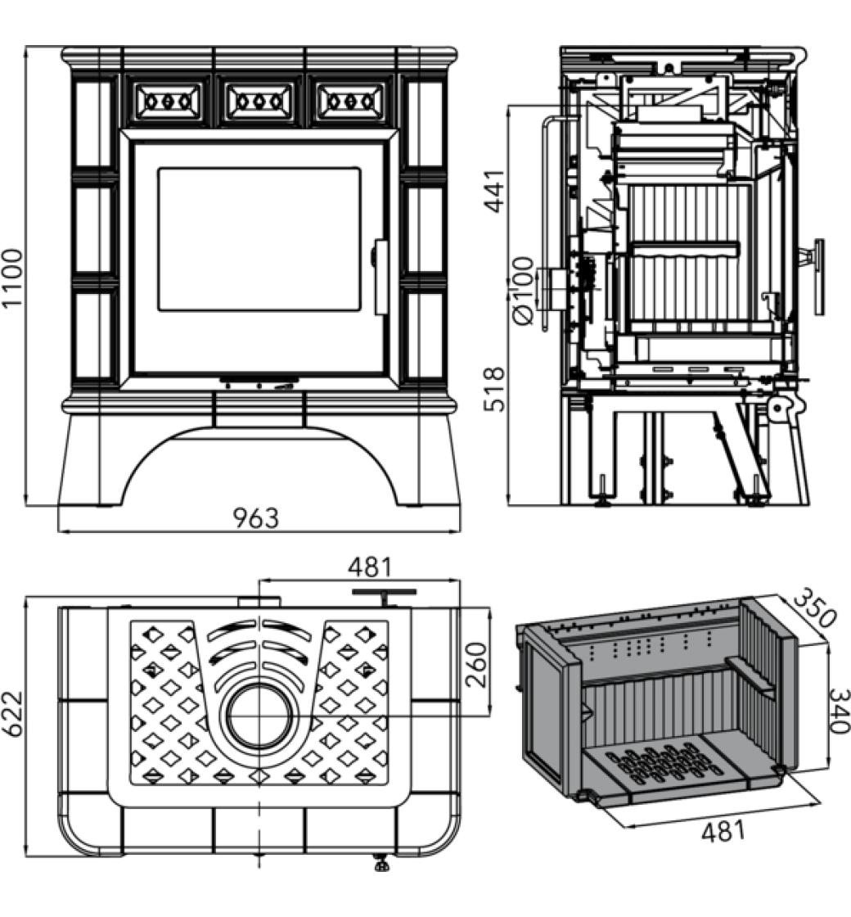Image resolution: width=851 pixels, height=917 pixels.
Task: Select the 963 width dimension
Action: point(255,518)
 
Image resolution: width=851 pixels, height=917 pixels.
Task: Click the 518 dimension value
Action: point(494,388)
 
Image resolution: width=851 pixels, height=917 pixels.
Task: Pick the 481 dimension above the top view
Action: point(370,567)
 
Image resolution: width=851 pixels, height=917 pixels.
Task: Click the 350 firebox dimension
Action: point(815,607)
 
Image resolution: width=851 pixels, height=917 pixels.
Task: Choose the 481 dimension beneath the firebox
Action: point(724,831)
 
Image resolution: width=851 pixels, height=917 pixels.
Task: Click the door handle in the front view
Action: point(380,277)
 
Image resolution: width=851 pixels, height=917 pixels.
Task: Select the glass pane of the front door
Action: point(259,239)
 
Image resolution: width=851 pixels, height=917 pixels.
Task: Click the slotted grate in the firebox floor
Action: point(667,765)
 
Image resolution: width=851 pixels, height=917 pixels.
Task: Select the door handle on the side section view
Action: point(817,277)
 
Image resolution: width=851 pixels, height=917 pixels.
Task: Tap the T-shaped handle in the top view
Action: point(384,593)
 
